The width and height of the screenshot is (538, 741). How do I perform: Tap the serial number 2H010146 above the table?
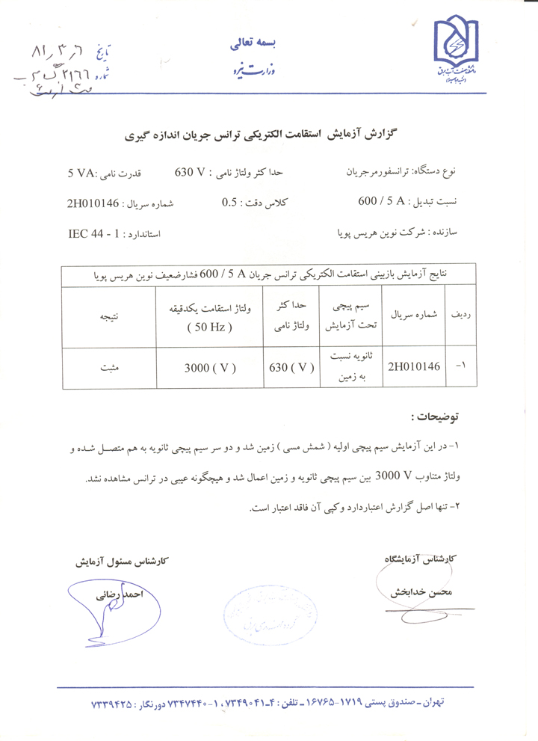[x=93, y=203]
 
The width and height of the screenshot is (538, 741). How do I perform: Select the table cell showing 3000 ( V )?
[x=211, y=367]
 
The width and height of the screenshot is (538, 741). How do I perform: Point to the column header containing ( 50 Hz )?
[x=211, y=326]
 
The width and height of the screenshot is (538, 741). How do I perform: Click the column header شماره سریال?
[x=415, y=316]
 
